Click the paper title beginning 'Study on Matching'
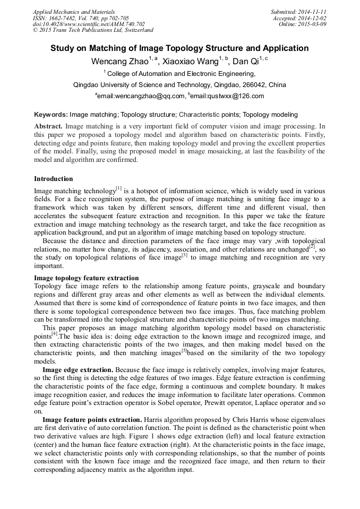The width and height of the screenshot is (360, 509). tap(179, 48)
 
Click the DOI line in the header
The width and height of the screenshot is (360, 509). tap(89, 24)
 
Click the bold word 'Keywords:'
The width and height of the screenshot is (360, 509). tap(51, 115)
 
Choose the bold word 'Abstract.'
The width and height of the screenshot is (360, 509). tap(48, 127)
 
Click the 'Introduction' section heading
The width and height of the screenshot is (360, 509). tap(54, 179)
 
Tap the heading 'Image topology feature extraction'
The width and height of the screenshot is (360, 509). tap(86, 278)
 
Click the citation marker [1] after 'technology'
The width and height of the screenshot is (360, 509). tap(119, 188)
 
